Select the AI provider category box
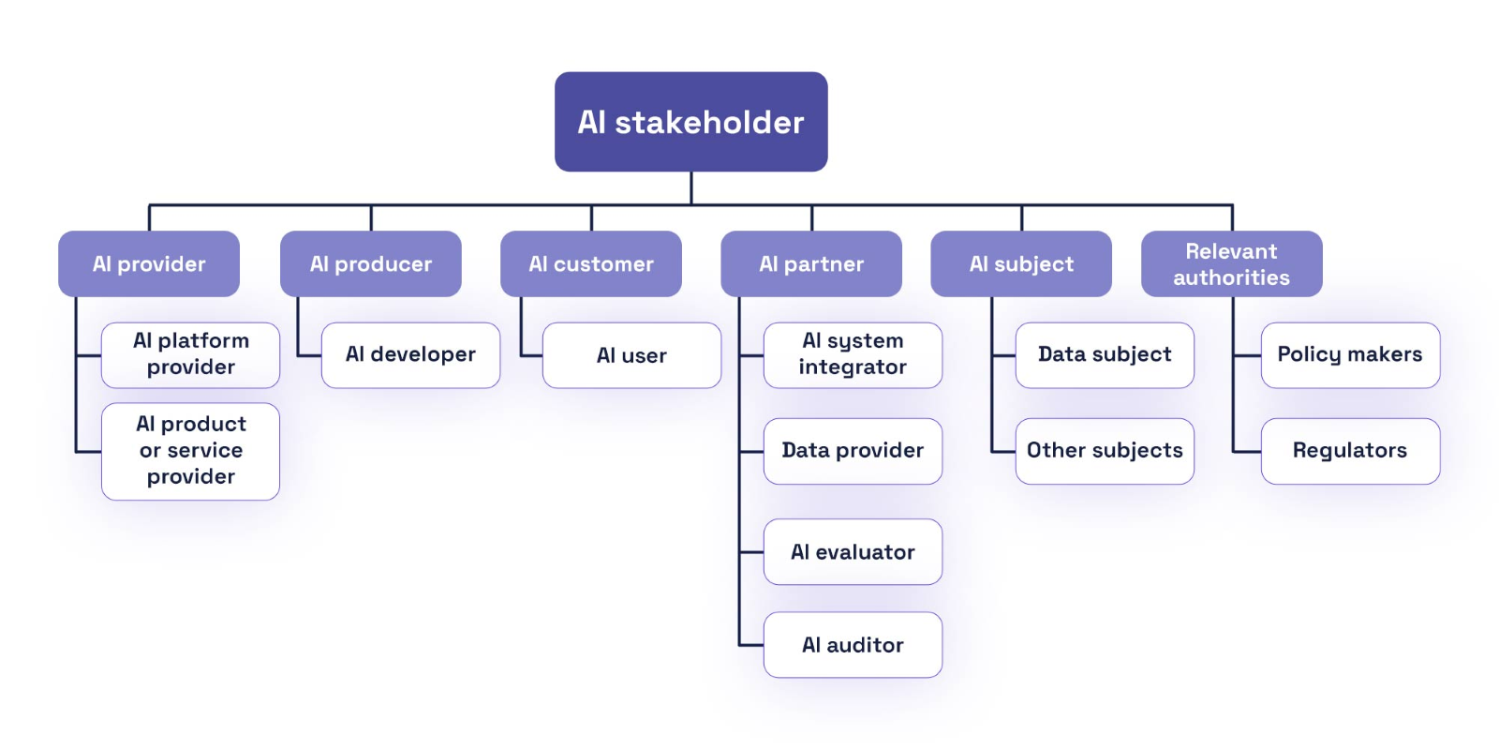pyautogui.click(x=149, y=264)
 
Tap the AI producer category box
pyautogui.click(x=371, y=264)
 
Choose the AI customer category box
pyautogui.click(x=591, y=264)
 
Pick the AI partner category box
pyautogui.click(x=811, y=264)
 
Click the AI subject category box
pyautogui.click(x=1021, y=264)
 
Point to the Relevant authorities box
pyautogui.click(x=1231, y=264)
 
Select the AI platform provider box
pyautogui.click(x=191, y=354)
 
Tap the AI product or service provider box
pyautogui.click(x=191, y=451)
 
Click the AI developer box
pyautogui.click(x=410, y=354)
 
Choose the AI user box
pyautogui.click(x=631, y=355)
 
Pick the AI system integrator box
pyautogui.click(x=853, y=354)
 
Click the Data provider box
pyautogui.click(x=853, y=451)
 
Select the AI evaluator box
pyautogui.click(x=853, y=552)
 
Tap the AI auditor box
pyautogui.click(x=853, y=645)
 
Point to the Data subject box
pyautogui.click(x=1105, y=354)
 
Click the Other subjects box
pyautogui.click(x=1105, y=451)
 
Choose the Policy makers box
pyautogui.click(x=1350, y=354)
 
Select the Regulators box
pyautogui.click(x=1350, y=451)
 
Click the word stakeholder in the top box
pyautogui.click(x=709, y=123)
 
